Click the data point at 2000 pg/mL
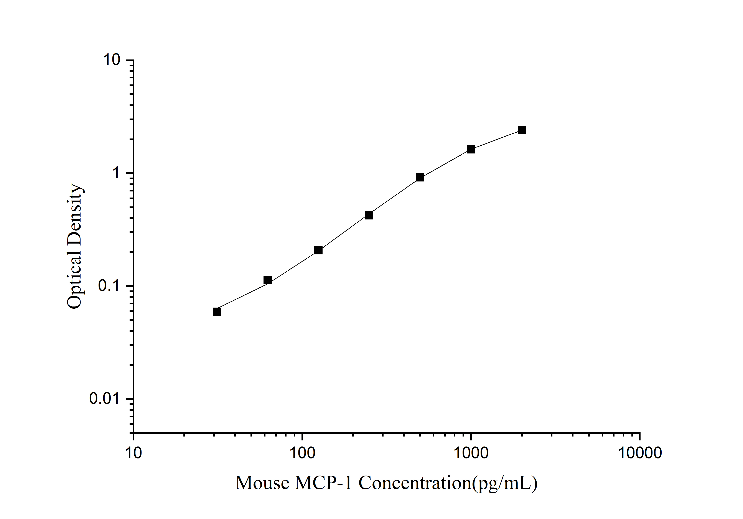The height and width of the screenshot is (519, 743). coord(522,130)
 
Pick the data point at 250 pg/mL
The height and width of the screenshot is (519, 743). coord(369,215)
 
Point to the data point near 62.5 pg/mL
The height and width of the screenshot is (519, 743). coord(268,280)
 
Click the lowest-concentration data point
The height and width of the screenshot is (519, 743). coord(217,311)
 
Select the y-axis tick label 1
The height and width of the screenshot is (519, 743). coord(116,173)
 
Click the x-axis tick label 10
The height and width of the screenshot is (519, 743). coord(133,453)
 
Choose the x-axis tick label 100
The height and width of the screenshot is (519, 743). coord(302,453)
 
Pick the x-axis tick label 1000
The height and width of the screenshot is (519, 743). coord(471,453)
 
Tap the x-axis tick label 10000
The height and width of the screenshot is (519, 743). coord(640,453)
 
